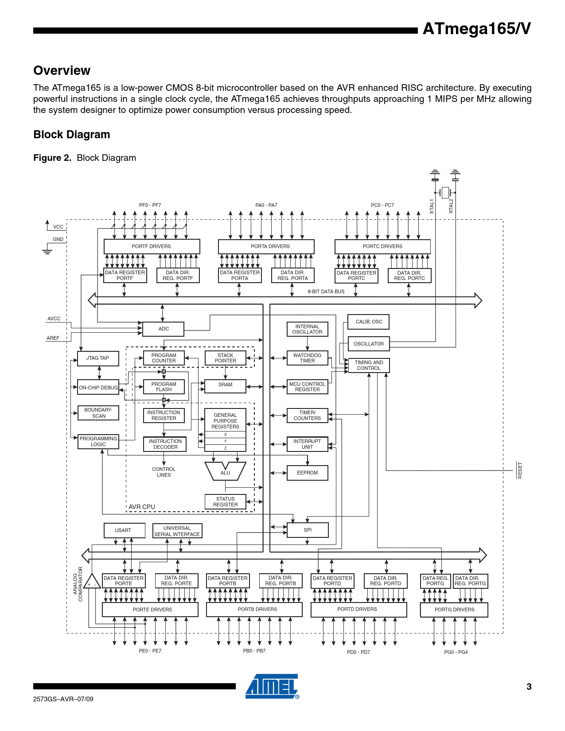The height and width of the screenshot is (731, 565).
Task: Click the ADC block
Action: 164,329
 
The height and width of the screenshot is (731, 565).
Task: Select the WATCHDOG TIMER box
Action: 307,358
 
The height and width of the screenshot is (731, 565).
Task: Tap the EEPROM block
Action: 307,473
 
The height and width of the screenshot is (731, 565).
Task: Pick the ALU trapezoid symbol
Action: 225,471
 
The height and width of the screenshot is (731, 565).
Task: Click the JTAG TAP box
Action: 97,358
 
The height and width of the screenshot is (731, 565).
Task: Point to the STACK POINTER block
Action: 225,358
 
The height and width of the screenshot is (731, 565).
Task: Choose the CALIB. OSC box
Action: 369,322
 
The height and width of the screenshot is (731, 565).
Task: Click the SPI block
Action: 308,530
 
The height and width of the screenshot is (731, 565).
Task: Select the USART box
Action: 123,530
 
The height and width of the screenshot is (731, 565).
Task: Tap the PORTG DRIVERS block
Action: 454,610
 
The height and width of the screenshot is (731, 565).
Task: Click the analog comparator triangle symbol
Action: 92,582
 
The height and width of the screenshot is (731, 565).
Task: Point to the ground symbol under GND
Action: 47,251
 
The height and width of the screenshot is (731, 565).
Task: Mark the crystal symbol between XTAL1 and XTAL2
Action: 445,193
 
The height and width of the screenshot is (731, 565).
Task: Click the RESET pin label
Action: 520,470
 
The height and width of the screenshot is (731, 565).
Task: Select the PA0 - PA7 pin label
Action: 266,205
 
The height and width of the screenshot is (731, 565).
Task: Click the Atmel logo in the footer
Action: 272,686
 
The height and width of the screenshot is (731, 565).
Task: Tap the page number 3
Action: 529,687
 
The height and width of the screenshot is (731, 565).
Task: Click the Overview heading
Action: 62,70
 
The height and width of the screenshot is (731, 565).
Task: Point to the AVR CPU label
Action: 142,507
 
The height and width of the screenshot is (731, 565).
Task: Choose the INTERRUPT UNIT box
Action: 307,444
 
